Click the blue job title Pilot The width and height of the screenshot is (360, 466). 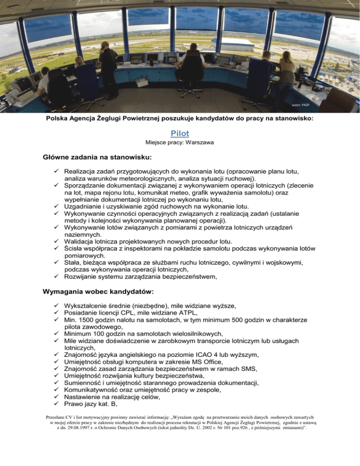coord(180,134)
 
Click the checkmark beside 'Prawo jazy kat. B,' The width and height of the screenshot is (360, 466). coord(56,406)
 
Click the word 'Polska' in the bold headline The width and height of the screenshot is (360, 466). coord(58,119)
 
